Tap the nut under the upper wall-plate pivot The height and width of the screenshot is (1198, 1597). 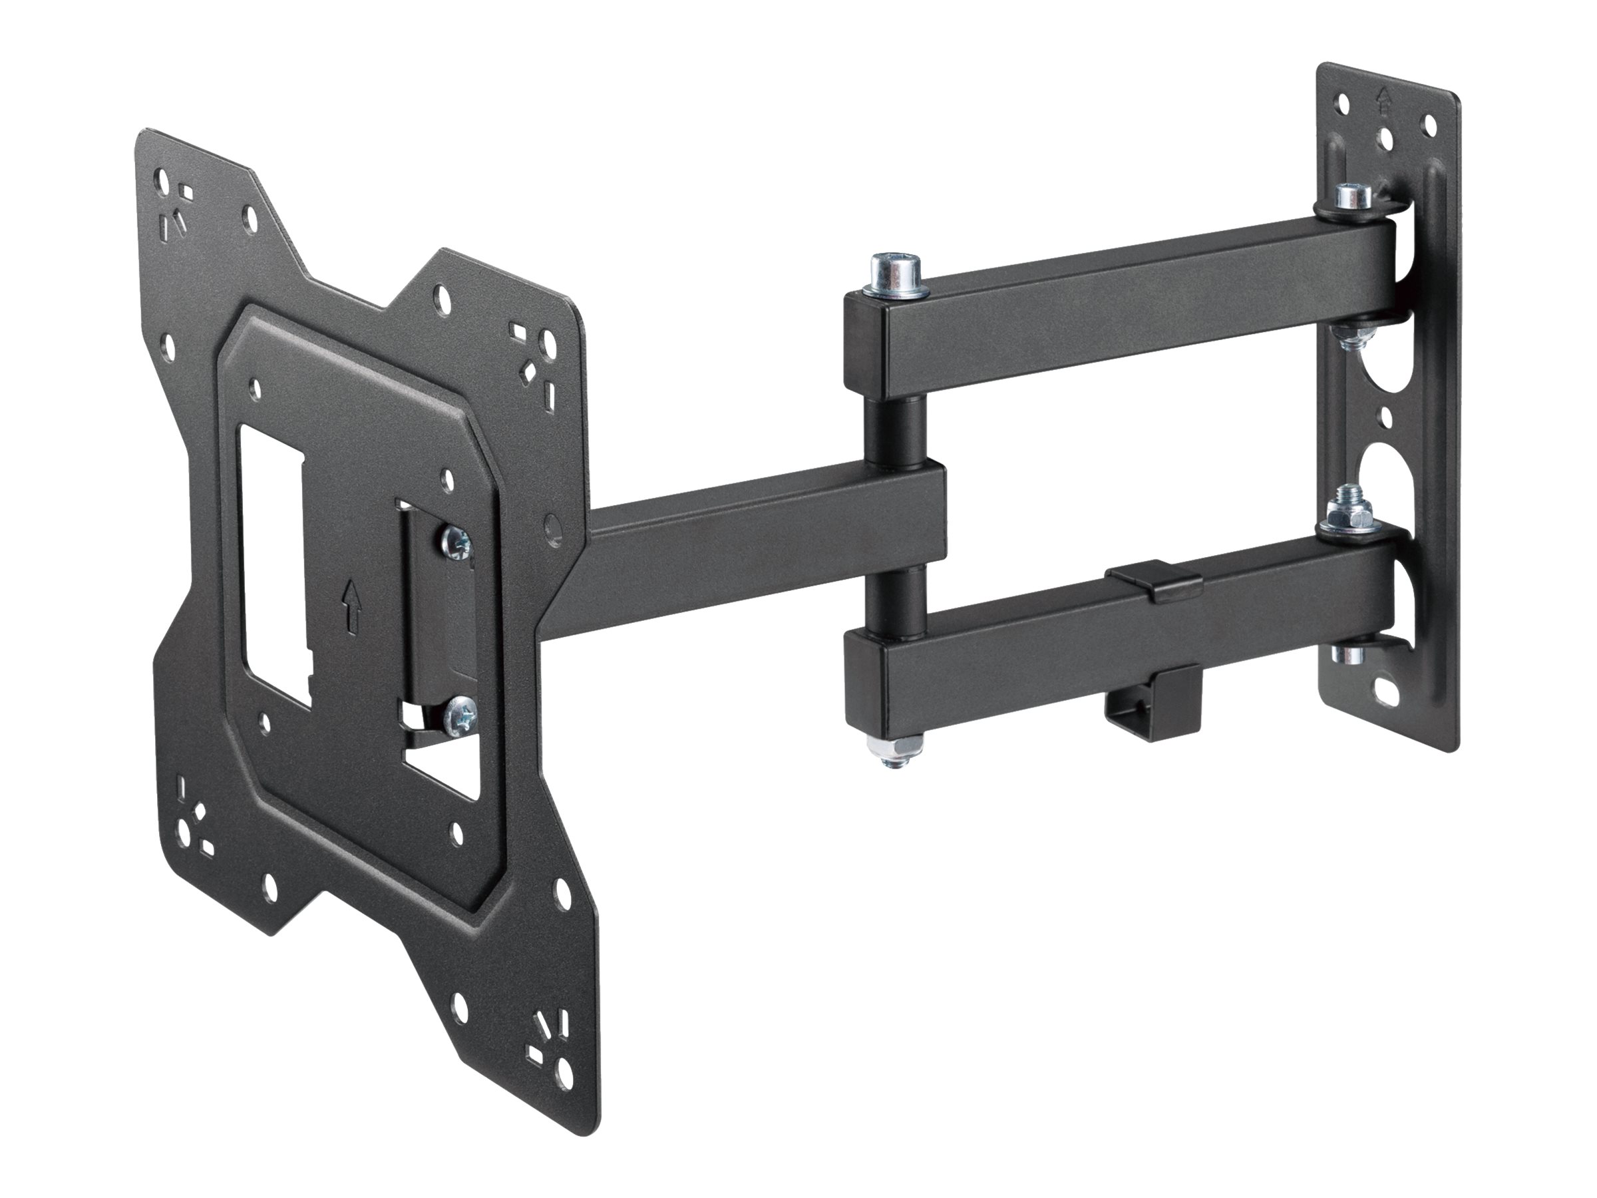[1344, 337]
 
